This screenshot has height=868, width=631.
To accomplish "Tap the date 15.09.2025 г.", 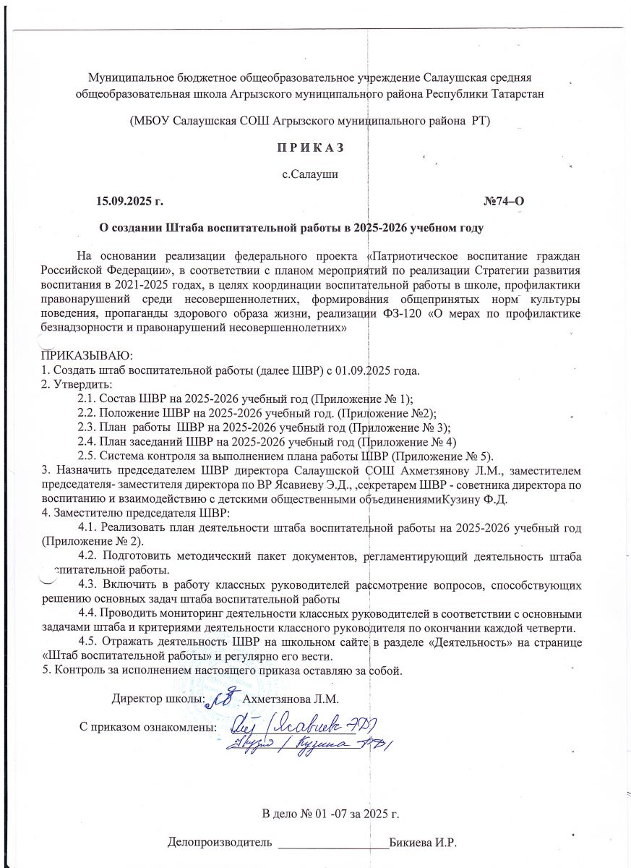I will (135, 200).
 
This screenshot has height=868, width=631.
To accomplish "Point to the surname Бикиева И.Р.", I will (424, 843).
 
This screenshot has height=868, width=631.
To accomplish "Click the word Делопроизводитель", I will (220, 843).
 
